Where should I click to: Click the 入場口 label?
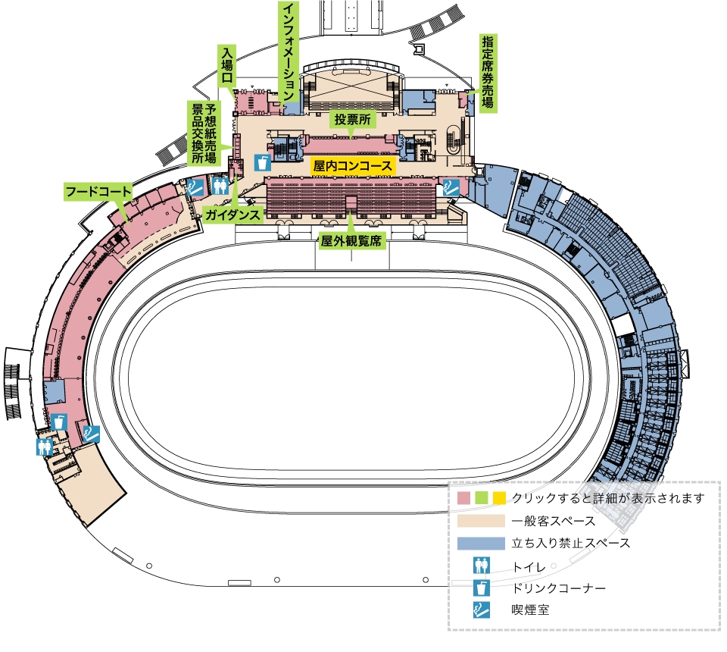226,64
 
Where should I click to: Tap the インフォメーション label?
289,52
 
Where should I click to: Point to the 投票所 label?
353,119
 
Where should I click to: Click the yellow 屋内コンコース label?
353,166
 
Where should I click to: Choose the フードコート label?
98,191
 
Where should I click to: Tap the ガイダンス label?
232,215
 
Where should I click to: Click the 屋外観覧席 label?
351,241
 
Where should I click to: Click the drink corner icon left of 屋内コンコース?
263,163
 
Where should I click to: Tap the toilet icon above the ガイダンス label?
220,186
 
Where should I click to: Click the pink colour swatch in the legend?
463,498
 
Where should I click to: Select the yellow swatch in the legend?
499,498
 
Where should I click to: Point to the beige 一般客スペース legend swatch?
481,521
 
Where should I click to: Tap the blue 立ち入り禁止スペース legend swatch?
481,544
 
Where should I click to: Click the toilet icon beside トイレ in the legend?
482,566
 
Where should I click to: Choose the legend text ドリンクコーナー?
558,588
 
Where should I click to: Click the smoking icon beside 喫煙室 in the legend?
482,610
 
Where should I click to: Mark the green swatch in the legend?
482,498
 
